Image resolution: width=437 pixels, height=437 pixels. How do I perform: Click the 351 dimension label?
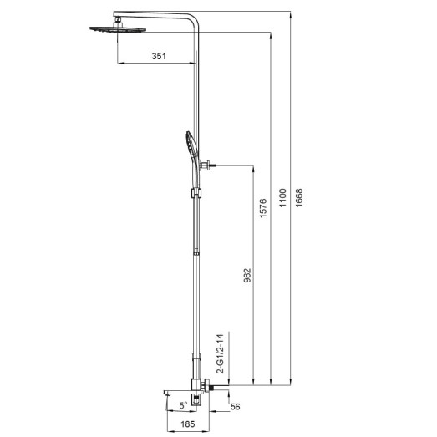pos(159,57)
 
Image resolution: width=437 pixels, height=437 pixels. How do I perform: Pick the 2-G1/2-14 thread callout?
pos(221,354)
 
